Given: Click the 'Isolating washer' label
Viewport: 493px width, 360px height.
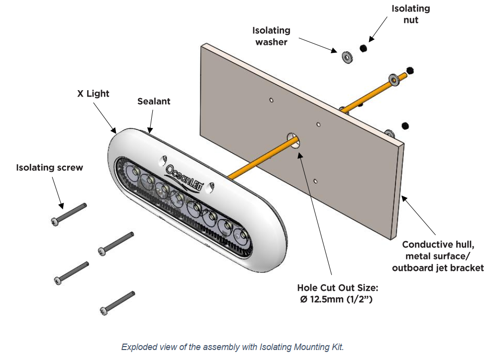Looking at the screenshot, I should click(271, 36).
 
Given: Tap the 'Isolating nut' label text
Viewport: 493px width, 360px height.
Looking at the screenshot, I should click(410, 14).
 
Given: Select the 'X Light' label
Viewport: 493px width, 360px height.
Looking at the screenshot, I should click(93, 93).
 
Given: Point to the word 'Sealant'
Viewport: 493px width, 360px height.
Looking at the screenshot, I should click(154, 101).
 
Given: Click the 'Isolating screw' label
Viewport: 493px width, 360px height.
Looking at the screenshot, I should click(49, 167).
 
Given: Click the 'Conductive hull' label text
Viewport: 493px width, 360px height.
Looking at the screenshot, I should click(438, 244).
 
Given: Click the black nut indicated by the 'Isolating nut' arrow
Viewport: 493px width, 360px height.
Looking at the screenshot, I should click(364, 48).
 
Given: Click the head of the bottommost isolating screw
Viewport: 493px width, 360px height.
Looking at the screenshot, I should click(104, 311).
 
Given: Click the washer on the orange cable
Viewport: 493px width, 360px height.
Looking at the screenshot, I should click(394, 79).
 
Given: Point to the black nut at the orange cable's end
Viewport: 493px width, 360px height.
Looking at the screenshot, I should click(410, 70).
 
